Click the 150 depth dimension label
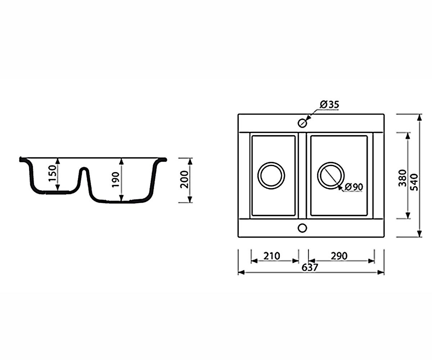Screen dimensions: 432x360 pyautogui.click(x=53, y=173)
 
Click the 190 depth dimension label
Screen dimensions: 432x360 pyautogui.click(x=116, y=180)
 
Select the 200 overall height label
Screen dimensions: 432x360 pyautogui.click(x=184, y=179)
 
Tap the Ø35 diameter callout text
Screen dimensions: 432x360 pyautogui.click(x=329, y=105)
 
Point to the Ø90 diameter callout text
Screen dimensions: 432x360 pyautogui.click(x=354, y=187)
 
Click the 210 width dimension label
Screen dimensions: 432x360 pyautogui.click(x=272, y=256)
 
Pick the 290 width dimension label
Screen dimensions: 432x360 pyautogui.click(x=339, y=256)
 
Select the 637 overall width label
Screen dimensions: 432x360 pyautogui.click(x=310, y=267)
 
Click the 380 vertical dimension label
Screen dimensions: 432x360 pyautogui.click(x=402, y=178)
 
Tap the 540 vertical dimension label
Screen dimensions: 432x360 pyautogui.click(x=414, y=182)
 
